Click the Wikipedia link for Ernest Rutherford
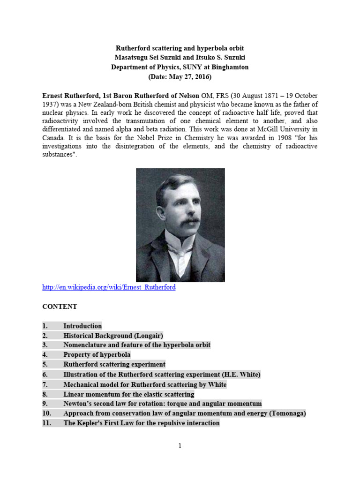coord(109,287)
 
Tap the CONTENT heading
coord(60,307)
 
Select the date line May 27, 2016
coord(180,76)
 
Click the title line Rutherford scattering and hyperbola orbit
coord(180,48)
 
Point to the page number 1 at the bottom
coord(180,446)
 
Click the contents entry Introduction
coord(82,326)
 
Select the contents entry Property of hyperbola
coord(97,355)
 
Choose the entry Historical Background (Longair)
coord(113,336)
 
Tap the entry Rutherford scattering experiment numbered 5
coord(114,364)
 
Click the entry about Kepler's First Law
coord(141,423)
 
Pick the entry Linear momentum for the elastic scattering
coord(128,394)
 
